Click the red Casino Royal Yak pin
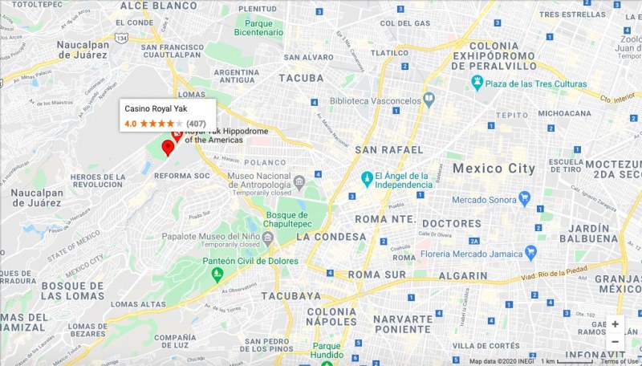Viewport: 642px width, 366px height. click(168, 148)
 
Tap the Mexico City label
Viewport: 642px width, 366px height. click(493, 169)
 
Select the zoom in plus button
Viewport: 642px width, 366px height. click(615, 324)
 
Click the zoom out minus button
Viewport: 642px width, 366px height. click(615, 342)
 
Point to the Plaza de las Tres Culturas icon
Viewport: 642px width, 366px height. click(477, 83)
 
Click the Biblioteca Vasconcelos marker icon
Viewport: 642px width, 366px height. click(429, 100)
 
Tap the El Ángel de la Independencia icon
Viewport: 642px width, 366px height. click(367, 177)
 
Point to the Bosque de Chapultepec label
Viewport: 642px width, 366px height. click(286, 219)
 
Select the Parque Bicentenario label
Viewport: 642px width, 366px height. click(258, 27)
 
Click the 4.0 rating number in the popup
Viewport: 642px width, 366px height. click(130, 124)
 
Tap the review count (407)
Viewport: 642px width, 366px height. click(196, 124)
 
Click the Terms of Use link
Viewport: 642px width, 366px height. click(620, 361)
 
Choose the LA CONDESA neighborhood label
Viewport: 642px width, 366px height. click(331, 237)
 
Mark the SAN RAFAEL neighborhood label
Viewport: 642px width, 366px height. click(388, 150)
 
